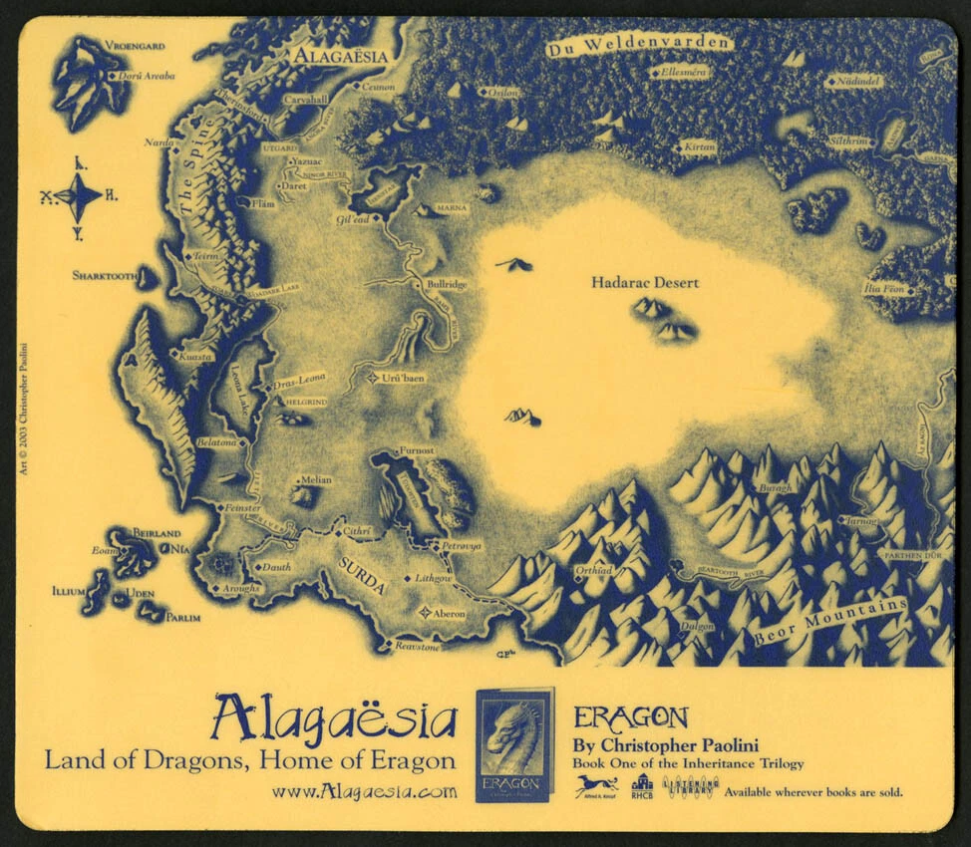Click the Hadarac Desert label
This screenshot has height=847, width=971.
(645, 283)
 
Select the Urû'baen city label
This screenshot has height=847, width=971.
(404, 379)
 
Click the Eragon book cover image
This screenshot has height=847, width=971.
(514, 745)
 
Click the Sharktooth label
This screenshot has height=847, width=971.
(104, 275)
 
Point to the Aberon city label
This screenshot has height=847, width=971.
(448, 614)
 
